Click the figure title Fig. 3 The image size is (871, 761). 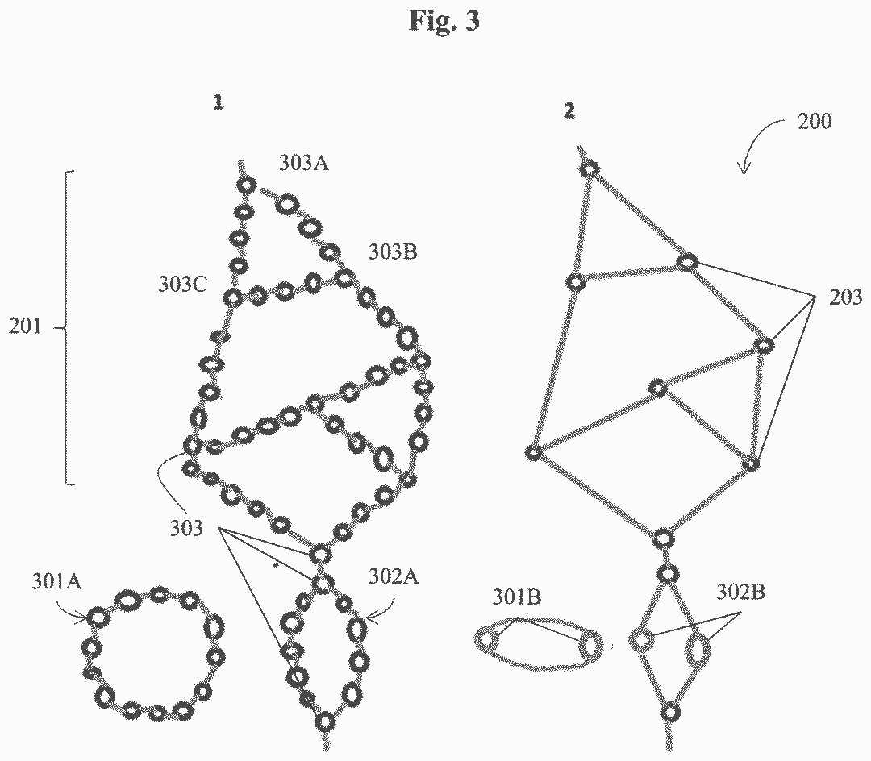coord(443,22)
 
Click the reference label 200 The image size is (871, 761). coord(815,123)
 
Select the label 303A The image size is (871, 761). coord(304,163)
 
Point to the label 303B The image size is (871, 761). coord(393,252)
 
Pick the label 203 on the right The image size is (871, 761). coord(845,297)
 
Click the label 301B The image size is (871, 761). coord(517,597)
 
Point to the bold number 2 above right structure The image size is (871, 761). coord(570,111)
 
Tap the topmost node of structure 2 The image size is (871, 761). coord(590,169)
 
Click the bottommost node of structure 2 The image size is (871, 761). coord(669,713)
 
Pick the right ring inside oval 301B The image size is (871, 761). coord(590,645)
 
